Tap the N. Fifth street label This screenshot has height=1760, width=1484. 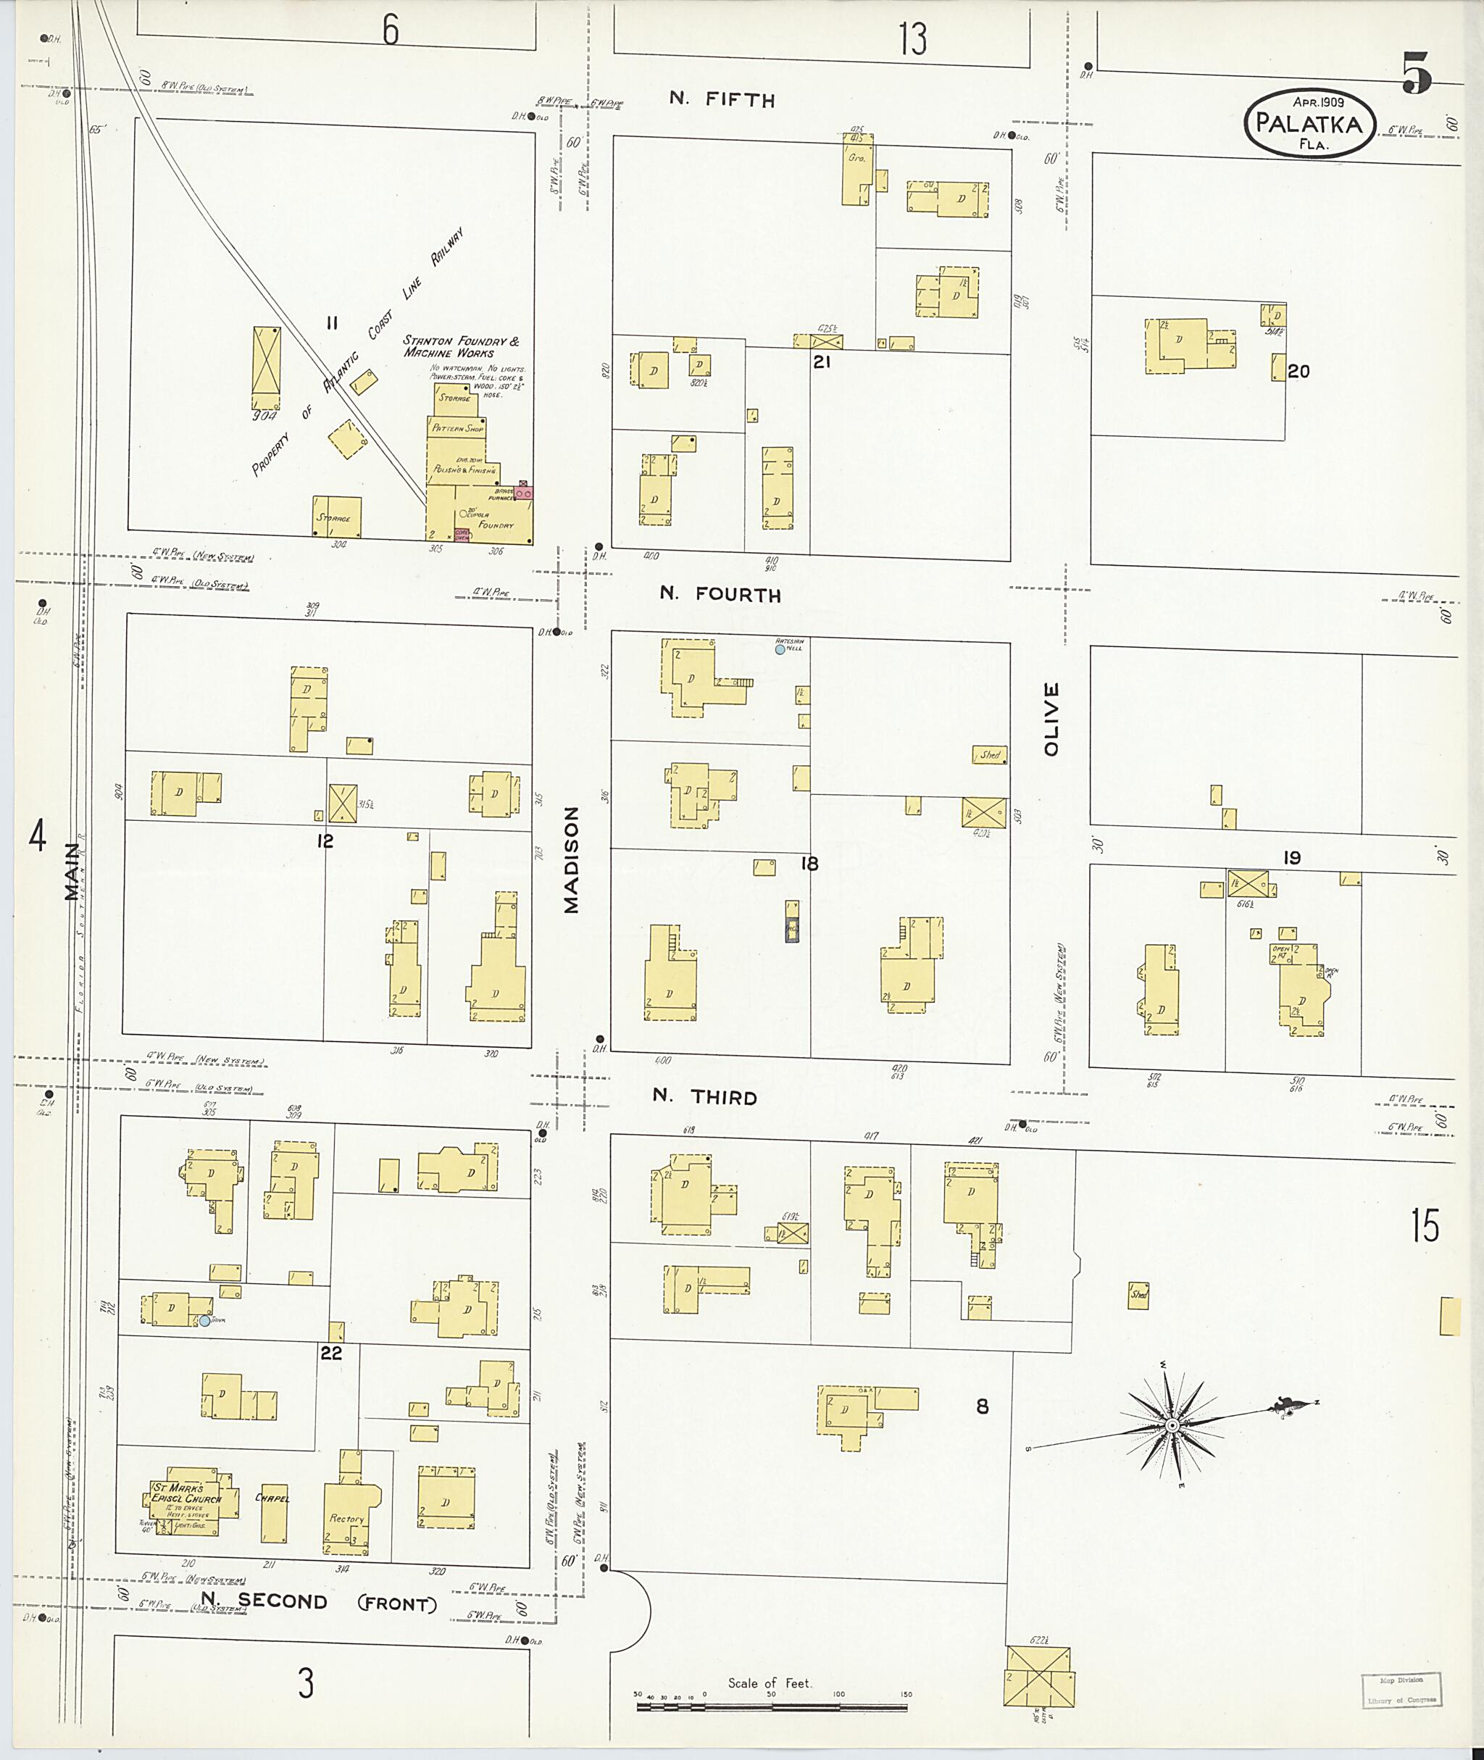[722, 99]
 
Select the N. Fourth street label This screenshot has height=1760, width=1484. [720, 594]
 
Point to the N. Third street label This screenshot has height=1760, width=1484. [705, 1097]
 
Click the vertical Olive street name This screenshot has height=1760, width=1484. [1051, 719]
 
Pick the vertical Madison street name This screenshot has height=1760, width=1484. [571, 860]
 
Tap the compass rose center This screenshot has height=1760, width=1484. [1171, 1425]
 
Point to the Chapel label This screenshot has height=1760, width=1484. [272, 1498]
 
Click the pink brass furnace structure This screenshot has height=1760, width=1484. [522, 492]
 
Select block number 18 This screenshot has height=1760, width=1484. [809, 863]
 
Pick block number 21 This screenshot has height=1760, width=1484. [821, 362]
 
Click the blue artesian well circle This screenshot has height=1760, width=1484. [780, 649]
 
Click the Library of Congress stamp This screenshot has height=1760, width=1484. [1402, 1689]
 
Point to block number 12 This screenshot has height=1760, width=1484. [325, 841]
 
